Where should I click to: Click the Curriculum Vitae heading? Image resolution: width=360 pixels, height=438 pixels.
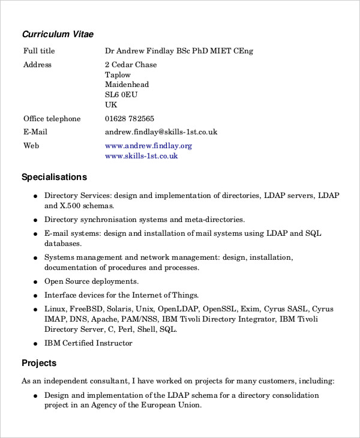58,34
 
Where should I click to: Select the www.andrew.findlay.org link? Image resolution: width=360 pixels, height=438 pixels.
148,146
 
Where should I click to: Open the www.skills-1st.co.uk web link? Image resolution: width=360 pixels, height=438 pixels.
141,156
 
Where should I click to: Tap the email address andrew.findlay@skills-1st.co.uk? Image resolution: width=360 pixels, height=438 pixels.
161,132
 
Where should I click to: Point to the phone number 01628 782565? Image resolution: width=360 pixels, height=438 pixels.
129,119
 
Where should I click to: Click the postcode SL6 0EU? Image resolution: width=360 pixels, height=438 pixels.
121,95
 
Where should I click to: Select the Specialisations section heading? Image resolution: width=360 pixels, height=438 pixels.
54,177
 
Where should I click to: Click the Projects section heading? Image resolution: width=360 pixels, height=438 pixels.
39,363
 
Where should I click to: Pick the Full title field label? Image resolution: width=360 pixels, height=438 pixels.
39,51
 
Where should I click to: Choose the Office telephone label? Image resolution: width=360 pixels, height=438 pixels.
52,119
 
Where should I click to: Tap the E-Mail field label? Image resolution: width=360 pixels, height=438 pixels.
35,132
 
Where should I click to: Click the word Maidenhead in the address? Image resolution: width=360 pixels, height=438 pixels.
127,85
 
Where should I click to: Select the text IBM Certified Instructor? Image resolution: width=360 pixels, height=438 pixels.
88,343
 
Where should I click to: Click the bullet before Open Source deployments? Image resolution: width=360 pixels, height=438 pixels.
36,282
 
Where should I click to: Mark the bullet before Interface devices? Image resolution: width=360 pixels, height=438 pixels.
36,296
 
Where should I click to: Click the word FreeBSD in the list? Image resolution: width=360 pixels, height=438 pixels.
86,309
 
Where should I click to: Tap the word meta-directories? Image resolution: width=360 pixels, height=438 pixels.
214,220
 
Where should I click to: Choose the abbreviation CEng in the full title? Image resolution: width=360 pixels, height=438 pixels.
243,51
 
